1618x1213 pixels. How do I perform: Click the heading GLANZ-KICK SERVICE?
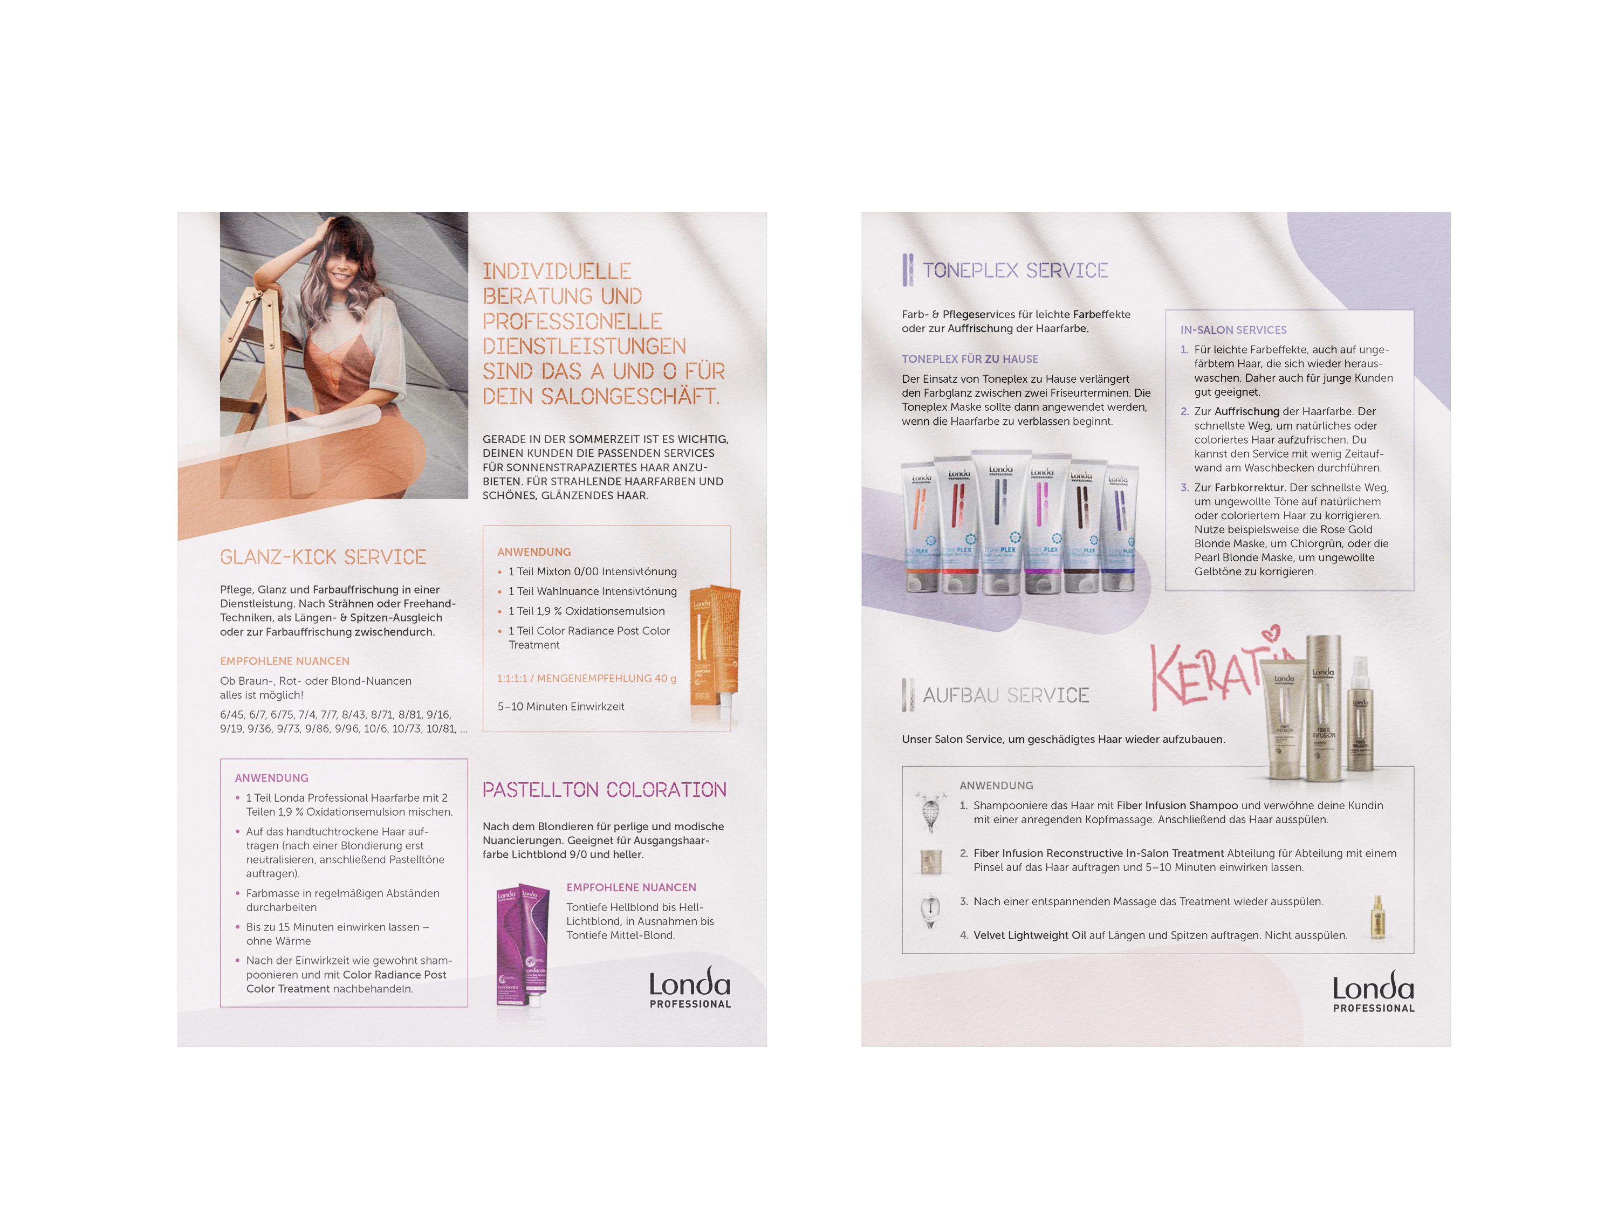click(x=323, y=557)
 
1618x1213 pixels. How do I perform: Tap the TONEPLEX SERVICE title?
click(x=1015, y=271)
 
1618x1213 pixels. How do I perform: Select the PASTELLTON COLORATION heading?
click(x=604, y=790)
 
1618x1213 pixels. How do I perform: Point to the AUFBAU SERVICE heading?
click(x=1006, y=695)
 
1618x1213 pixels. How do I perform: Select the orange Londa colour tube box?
click(x=715, y=647)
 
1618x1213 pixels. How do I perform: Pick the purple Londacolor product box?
click(x=522, y=950)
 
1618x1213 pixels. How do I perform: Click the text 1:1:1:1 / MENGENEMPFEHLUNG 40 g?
click(x=587, y=679)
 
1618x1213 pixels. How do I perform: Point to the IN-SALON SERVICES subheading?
click(x=1233, y=330)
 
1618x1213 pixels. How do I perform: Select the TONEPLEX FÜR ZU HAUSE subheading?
click(x=970, y=359)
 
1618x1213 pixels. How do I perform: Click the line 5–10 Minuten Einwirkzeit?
click(x=561, y=707)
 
